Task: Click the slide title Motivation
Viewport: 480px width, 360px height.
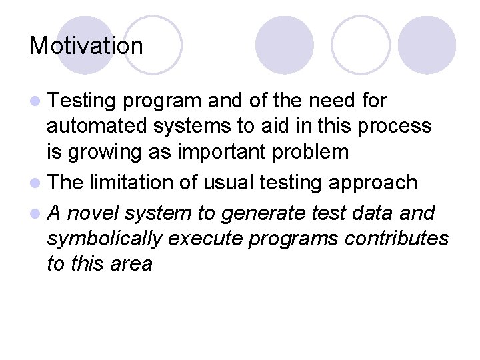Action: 86,46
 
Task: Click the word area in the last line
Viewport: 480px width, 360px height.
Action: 131,264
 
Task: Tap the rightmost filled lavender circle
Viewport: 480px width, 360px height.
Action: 427,45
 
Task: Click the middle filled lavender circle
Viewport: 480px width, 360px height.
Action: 285,45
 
